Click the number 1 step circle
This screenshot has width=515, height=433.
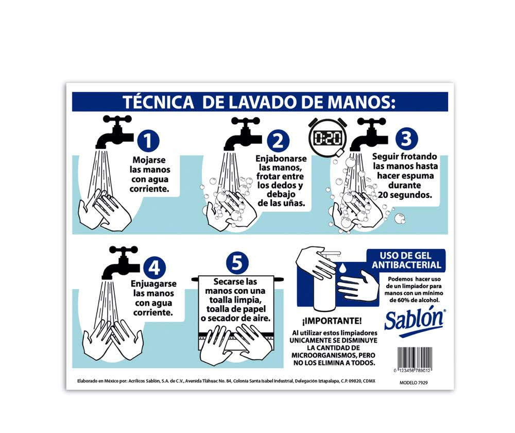(x=148, y=140)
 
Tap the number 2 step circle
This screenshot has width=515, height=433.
(x=278, y=140)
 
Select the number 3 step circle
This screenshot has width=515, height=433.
(x=407, y=138)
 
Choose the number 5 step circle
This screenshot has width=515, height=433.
(x=237, y=263)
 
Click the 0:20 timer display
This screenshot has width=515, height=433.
(x=328, y=138)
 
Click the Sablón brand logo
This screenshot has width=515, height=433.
(x=415, y=322)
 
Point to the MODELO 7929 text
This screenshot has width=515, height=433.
(x=414, y=382)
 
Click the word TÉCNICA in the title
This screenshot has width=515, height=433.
(x=158, y=102)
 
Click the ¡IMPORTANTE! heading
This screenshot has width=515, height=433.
(x=332, y=321)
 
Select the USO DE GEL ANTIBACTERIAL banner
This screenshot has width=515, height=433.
(x=406, y=260)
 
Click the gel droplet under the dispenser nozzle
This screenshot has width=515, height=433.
(x=343, y=268)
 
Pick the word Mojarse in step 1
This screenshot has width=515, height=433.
(x=149, y=160)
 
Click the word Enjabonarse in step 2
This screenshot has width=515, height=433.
(x=281, y=158)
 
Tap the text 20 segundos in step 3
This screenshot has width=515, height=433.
(x=405, y=195)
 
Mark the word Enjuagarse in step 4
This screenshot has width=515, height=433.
(x=153, y=284)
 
